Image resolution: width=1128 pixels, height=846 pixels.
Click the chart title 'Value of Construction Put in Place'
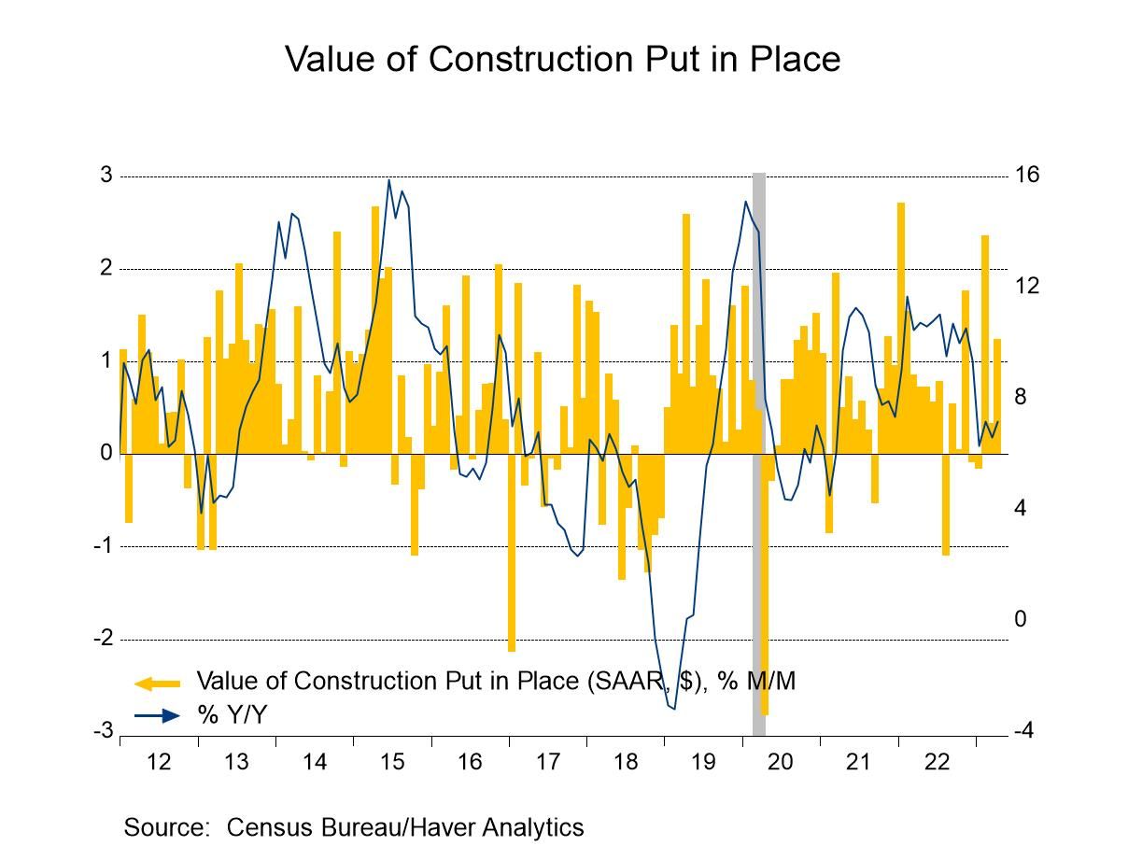pyautogui.click(x=562, y=59)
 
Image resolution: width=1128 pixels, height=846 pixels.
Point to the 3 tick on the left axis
pyautogui.click(x=106, y=176)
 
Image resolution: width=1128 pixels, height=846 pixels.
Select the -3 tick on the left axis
pyautogui.click(x=103, y=731)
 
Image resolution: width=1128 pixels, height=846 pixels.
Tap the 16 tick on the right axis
pyautogui.click(x=1027, y=176)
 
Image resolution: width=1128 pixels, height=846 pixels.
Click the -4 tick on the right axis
pyautogui.click(x=1024, y=731)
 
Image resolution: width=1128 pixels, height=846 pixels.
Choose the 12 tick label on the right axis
pyautogui.click(x=1027, y=287)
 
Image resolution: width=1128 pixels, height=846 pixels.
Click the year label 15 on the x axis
pyautogui.click(x=392, y=762)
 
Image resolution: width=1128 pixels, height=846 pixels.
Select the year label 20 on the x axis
pyautogui.click(x=780, y=762)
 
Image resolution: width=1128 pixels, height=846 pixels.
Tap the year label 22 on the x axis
pyautogui.click(x=936, y=762)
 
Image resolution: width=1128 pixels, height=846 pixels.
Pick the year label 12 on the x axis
pyautogui.click(x=160, y=762)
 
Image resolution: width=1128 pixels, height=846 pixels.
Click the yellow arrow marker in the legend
pyautogui.click(x=157, y=683)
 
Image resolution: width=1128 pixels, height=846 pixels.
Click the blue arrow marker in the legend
pyautogui.click(x=157, y=715)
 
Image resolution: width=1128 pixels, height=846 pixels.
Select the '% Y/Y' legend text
pyautogui.click(x=233, y=715)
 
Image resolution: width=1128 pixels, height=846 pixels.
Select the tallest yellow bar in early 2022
pyautogui.click(x=901, y=328)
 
